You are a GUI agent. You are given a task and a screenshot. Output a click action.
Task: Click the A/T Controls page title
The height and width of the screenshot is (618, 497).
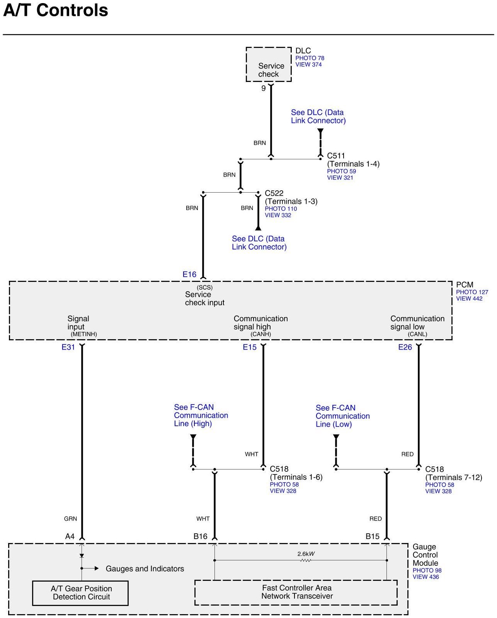[x=56, y=10]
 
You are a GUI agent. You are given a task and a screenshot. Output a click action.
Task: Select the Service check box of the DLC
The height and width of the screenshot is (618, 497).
[x=269, y=65]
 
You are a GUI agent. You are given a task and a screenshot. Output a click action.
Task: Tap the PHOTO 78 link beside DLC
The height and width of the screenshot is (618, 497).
[x=310, y=58]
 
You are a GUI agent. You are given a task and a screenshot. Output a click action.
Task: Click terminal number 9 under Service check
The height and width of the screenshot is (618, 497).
[x=264, y=88]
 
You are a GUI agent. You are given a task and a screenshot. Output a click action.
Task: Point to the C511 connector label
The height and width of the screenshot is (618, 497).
[x=336, y=156]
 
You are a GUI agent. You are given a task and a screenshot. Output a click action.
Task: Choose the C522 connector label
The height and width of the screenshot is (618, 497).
[x=274, y=193]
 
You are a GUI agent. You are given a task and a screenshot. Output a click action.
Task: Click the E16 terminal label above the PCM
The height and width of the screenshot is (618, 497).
[x=189, y=274]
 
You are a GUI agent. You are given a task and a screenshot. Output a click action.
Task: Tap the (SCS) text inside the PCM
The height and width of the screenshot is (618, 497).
[x=204, y=287]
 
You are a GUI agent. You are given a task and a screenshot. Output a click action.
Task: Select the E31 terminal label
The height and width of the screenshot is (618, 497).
[x=68, y=347]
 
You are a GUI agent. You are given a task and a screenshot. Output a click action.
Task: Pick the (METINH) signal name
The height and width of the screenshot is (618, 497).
[x=83, y=334]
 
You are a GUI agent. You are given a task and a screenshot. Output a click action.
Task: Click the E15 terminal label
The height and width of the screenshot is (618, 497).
[x=250, y=347]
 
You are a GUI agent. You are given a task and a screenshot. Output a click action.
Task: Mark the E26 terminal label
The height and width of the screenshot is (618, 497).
[x=405, y=347]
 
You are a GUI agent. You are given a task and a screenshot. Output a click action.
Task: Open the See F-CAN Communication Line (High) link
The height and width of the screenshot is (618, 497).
[x=201, y=415]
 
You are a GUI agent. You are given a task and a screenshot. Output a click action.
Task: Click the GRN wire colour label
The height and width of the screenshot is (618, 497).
[x=71, y=519]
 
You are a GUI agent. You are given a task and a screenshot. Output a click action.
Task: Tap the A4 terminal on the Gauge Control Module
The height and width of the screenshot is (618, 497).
[x=70, y=536]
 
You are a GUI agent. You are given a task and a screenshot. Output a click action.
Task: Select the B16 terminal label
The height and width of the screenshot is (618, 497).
[x=200, y=536]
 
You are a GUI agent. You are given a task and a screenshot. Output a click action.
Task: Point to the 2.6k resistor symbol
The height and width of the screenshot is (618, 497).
[x=305, y=560]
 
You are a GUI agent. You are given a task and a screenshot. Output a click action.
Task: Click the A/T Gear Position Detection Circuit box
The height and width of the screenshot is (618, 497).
[x=80, y=593]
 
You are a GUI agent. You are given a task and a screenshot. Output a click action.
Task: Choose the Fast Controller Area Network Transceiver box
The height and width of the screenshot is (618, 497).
[x=296, y=592]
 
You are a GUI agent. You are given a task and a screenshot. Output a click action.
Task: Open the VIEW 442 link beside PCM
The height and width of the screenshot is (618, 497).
[x=469, y=299]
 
